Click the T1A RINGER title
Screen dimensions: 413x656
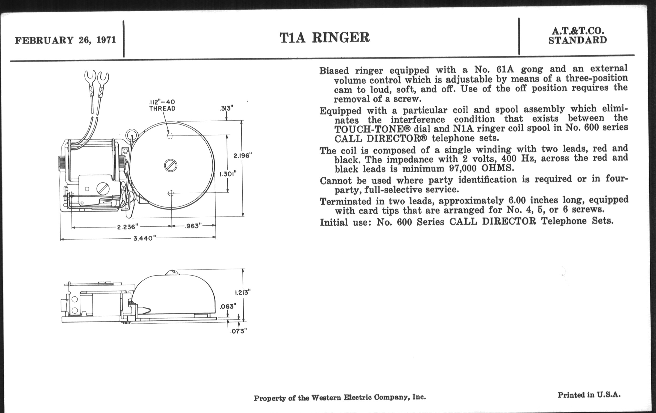click(324, 38)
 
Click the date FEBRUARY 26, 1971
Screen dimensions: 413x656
click(65, 40)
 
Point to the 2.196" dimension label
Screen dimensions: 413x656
click(242, 156)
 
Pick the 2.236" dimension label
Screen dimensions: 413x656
click(128, 226)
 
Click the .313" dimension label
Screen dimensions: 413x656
click(226, 109)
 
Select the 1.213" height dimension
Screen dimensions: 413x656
click(242, 293)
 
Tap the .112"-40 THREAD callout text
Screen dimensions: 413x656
click(162, 105)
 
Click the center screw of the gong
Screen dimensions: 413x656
click(171, 166)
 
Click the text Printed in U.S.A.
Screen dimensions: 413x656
click(589, 395)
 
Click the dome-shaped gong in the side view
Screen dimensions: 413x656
click(174, 294)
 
